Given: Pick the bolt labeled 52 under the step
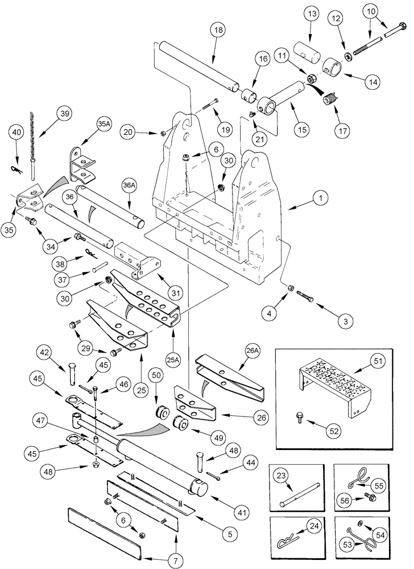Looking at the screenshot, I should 299,419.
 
